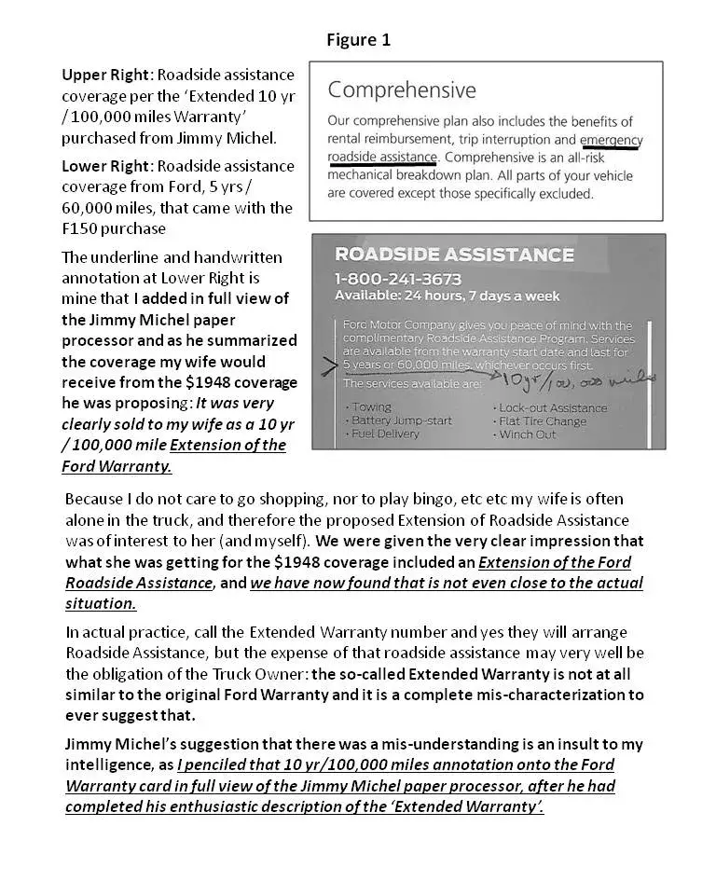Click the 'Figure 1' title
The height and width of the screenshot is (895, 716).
pos(358,39)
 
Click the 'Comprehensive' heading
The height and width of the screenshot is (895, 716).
pos(402,90)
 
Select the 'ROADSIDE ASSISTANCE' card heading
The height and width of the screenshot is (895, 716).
pos(454,255)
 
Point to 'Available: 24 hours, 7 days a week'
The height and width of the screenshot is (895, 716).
pos(447,296)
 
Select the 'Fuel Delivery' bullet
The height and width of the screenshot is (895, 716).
pos(386,434)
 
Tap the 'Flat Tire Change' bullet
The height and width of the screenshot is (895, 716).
pos(544,420)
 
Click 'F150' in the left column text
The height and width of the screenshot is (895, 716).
pos(82,228)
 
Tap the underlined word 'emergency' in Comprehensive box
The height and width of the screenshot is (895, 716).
pos(612,140)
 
